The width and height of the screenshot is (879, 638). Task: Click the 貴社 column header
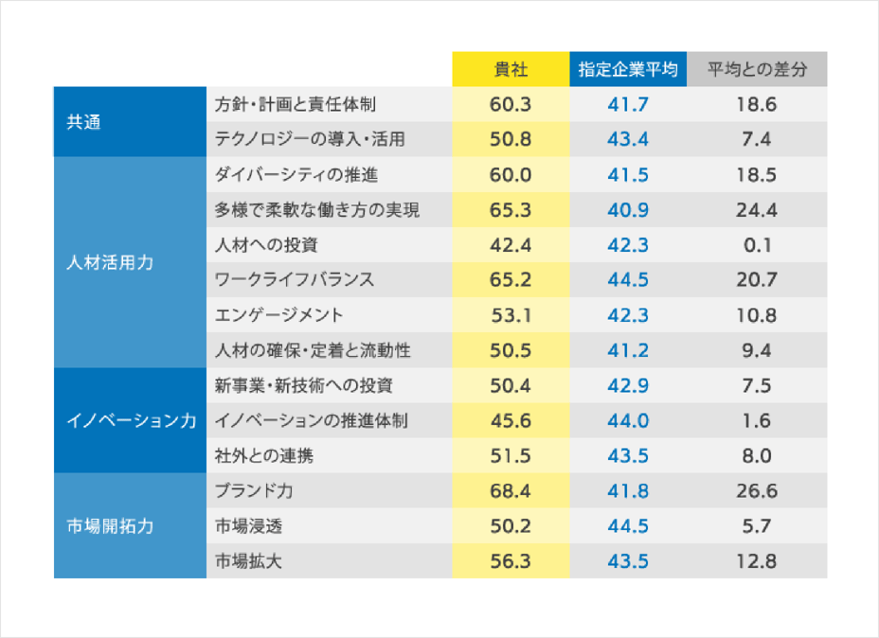tap(511, 70)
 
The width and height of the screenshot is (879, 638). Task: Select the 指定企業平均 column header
tap(628, 70)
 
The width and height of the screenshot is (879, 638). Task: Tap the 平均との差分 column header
tap(757, 70)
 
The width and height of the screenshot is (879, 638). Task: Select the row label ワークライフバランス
tap(295, 280)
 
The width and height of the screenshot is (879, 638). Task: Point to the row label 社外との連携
tap(264, 456)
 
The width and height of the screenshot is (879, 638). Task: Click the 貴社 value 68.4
tap(511, 491)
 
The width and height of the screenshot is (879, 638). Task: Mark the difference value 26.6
tap(757, 491)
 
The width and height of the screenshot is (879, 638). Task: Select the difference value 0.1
tap(757, 245)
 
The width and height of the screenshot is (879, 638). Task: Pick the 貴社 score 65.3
tap(511, 210)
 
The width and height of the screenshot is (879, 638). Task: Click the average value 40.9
tap(628, 210)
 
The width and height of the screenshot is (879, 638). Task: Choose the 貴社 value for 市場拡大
tap(511, 561)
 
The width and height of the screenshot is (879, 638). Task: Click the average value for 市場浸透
tap(628, 526)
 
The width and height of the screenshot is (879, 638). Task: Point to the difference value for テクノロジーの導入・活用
tap(757, 139)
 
